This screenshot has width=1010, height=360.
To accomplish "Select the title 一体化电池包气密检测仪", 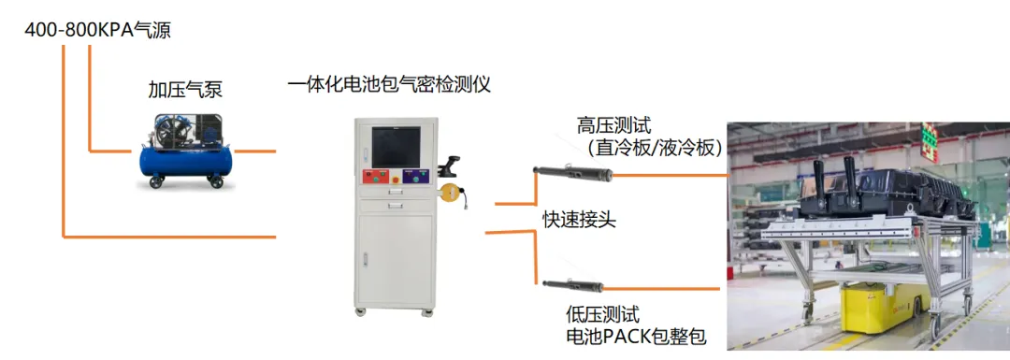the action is tap(389, 85).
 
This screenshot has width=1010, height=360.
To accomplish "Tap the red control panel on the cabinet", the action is tap(377, 178).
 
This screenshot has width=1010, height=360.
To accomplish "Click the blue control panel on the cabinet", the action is tap(410, 178).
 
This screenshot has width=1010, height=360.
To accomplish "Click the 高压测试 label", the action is tap(613, 125).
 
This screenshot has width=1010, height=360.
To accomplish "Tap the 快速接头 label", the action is tap(580, 220).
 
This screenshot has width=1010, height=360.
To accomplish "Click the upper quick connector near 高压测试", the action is tap(571, 172).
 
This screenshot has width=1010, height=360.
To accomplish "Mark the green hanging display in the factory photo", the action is tap(928, 140).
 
